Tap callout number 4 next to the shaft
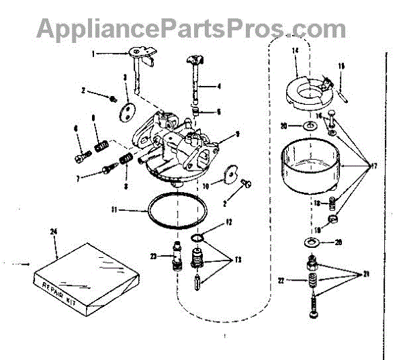220,85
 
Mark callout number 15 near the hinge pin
341,66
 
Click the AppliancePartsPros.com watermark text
191,28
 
